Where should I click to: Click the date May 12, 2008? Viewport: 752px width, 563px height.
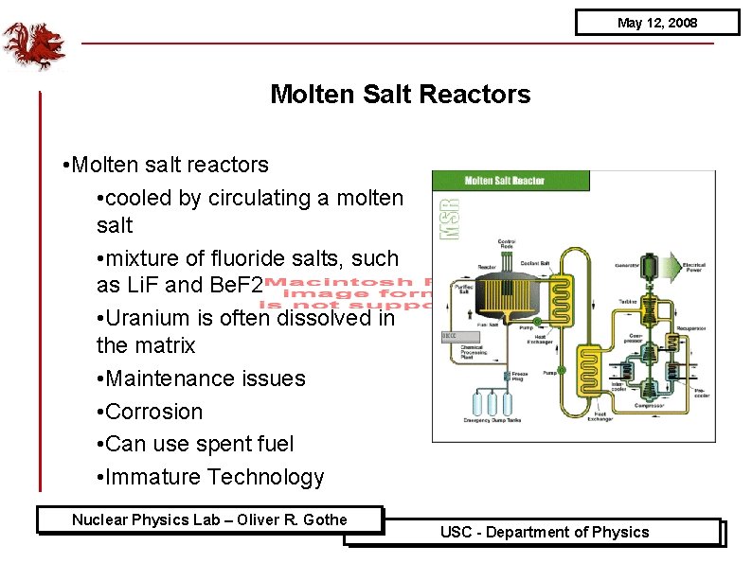click(x=656, y=22)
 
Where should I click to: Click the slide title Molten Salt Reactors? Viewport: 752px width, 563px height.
click(x=400, y=95)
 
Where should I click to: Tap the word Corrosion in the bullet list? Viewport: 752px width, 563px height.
click(x=154, y=412)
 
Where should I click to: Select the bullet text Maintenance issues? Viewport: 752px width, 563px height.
click(x=206, y=378)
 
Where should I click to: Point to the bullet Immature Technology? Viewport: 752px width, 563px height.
click(x=214, y=477)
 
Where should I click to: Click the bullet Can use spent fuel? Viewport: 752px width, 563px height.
click(x=200, y=444)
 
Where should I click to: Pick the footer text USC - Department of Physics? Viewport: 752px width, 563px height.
click(x=545, y=532)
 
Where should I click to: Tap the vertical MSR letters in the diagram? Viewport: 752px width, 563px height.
click(x=448, y=217)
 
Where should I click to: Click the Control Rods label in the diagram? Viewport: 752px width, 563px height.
click(x=507, y=246)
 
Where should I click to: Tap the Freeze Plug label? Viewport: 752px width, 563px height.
click(x=519, y=375)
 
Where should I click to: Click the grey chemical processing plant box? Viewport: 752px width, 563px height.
click(x=450, y=336)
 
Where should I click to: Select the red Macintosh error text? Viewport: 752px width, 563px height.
click(x=346, y=293)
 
